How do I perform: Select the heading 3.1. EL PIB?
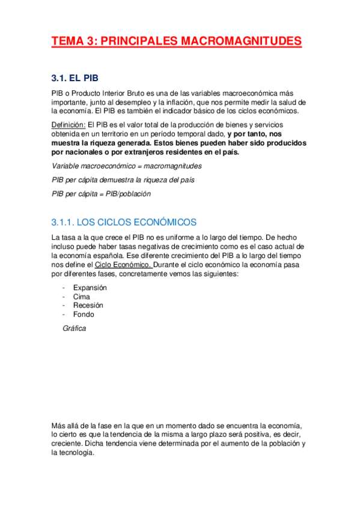click(x=75, y=78)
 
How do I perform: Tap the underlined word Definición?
click(x=69, y=124)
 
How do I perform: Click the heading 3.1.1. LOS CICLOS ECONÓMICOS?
click(x=124, y=222)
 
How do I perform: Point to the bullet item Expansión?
click(x=90, y=287)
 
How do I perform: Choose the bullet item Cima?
click(x=81, y=296)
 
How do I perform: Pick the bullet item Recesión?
click(x=88, y=305)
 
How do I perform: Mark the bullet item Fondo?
click(x=84, y=314)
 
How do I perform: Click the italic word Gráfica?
click(x=74, y=328)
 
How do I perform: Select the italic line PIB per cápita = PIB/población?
click(x=101, y=194)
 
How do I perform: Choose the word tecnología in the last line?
click(x=78, y=453)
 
